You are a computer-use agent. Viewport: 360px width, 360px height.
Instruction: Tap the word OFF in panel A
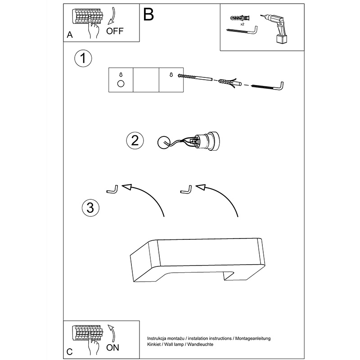(114, 31)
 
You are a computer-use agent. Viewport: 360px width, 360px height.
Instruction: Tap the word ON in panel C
(113, 347)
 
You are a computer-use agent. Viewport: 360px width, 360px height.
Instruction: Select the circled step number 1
(83, 58)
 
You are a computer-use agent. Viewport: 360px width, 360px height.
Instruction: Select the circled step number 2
(134, 140)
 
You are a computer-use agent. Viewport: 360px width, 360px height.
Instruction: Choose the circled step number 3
(90, 207)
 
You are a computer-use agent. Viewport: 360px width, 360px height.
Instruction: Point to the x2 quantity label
(242, 25)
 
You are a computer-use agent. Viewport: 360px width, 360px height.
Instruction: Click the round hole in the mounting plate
(121, 84)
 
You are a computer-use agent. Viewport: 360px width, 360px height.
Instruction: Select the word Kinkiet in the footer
(155, 344)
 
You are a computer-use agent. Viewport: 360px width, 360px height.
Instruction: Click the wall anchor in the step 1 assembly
(229, 82)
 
